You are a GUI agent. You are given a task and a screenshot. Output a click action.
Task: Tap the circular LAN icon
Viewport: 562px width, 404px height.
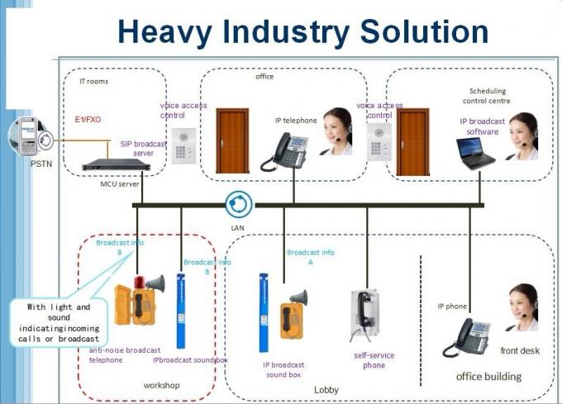coord(240,204)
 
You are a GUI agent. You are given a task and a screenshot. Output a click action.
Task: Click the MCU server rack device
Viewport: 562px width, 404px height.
coord(116,164)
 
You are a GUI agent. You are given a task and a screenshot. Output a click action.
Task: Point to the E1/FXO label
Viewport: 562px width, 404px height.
coord(88,119)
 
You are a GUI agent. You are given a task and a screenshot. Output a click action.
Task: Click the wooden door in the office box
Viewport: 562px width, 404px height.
coord(232,140)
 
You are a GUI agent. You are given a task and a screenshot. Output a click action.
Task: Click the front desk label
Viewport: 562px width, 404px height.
coord(520,351)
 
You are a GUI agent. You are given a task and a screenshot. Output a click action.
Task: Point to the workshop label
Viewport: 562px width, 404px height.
coord(162,385)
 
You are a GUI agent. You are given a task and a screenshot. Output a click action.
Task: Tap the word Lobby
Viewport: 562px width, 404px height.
coord(326,389)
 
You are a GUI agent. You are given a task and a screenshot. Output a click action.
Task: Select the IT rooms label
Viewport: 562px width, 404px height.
coord(93,82)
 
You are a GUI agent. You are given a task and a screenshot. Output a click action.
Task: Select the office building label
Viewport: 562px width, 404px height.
coord(489,377)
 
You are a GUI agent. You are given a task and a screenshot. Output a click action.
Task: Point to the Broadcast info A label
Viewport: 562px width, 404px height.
coord(311,256)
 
